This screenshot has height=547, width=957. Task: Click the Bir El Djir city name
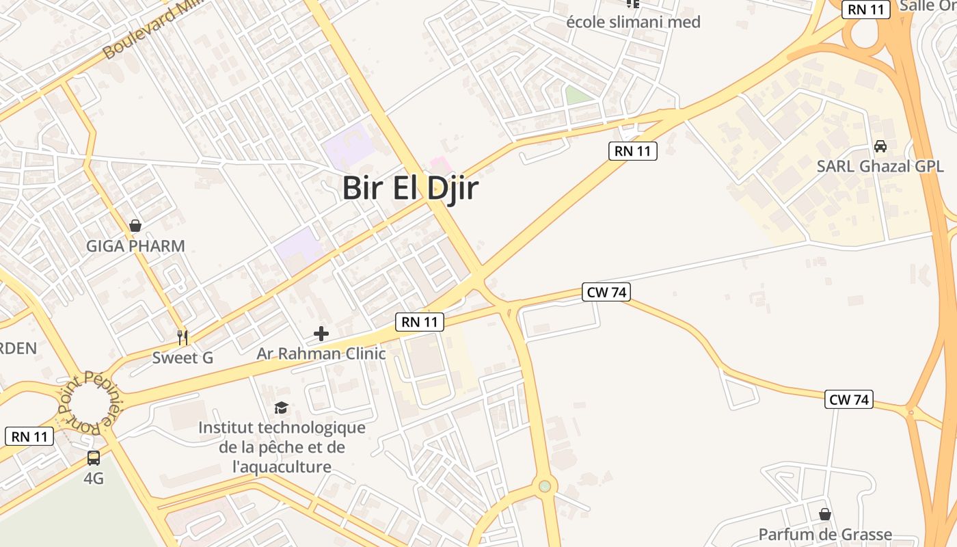[410, 189]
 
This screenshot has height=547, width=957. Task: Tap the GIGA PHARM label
[135, 246]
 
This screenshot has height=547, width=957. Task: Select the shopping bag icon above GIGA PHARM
[135, 226]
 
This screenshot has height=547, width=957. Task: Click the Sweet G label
[183, 358]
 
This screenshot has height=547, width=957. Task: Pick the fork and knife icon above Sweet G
[183, 337]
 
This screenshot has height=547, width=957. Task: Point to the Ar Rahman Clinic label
[321, 354]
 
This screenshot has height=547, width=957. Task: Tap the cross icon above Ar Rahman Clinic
[321, 334]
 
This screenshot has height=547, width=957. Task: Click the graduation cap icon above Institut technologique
[281, 408]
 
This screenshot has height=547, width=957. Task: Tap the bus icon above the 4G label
[94, 458]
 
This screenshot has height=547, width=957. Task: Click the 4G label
[94, 479]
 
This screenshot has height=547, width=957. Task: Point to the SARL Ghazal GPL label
[880, 166]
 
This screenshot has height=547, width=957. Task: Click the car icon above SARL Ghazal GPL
[880, 146]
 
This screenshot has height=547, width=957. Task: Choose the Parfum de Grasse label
[825, 535]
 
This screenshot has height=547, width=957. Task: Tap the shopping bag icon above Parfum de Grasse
[825, 514]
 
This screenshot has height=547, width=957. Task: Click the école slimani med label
[633, 22]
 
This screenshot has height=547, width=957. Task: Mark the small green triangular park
[578, 96]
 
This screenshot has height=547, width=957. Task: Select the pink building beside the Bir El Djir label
[439, 165]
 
